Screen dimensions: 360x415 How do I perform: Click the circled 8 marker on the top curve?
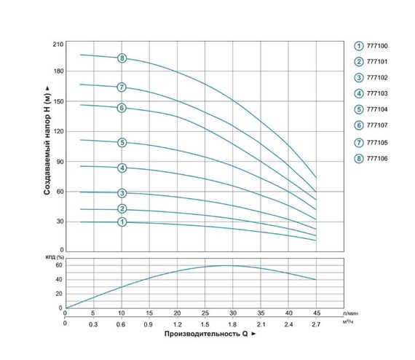(x=122, y=58)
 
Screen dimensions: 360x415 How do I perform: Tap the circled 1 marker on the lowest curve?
(x=122, y=222)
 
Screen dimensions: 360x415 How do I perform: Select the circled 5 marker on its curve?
(x=122, y=142)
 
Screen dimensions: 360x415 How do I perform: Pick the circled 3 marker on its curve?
(x=122, y=193)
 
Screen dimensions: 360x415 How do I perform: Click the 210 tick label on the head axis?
(x=58, y=44)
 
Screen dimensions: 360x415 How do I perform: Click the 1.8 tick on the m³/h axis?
(x=232, y=324)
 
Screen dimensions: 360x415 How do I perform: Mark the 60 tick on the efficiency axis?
(x=58, y=265)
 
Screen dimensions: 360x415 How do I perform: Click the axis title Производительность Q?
(x=203, y=337)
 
